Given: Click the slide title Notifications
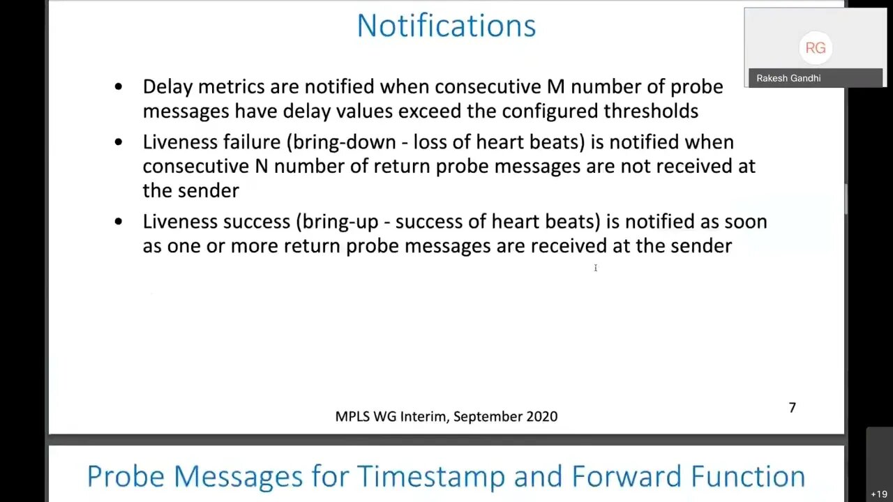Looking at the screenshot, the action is [446, 26].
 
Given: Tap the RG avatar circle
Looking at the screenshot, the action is [816, 48].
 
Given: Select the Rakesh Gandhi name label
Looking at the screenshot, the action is [788, 79].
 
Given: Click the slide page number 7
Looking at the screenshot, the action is [792, 408].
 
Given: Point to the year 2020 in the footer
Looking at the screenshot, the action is [542, 416].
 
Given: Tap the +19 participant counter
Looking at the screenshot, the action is [879, 494].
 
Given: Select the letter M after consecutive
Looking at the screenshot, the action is [556, 87].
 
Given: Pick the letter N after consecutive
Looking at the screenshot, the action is [262, 167].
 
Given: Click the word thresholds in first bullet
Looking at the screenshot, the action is [651, 111].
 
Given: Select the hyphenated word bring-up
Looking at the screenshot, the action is [340, 222].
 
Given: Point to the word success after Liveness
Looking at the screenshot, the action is [256, 222].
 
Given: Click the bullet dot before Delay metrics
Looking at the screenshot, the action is [119, 86].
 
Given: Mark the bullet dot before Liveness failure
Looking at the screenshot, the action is [119, 142].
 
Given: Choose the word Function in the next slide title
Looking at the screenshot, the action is [748, 476].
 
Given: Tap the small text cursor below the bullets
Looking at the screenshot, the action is [596, 268].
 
